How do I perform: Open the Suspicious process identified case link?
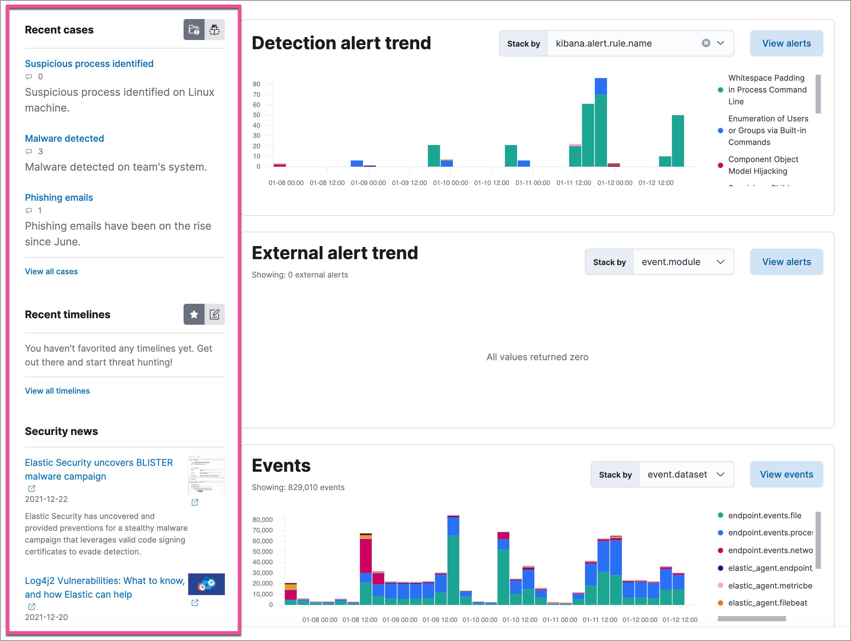click(x=89, y=64)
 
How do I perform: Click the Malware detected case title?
click(x=64, y=138)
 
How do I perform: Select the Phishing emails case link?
click(x=59, y=197)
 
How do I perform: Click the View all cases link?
click(x=51, y=271)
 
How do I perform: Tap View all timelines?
click(x=57, y=391)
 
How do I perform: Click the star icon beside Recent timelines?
click(x=194, y=315)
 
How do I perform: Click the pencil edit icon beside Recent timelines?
click(x=215, y=315)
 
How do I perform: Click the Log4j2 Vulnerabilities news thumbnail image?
click(x=206, y=584)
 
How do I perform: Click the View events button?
click(x=786, y=474)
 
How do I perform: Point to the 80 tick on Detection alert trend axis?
click(x=257, y=84)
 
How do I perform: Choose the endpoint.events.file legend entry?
click(x=764, y=515)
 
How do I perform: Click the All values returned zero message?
click(x=537, y=357)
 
